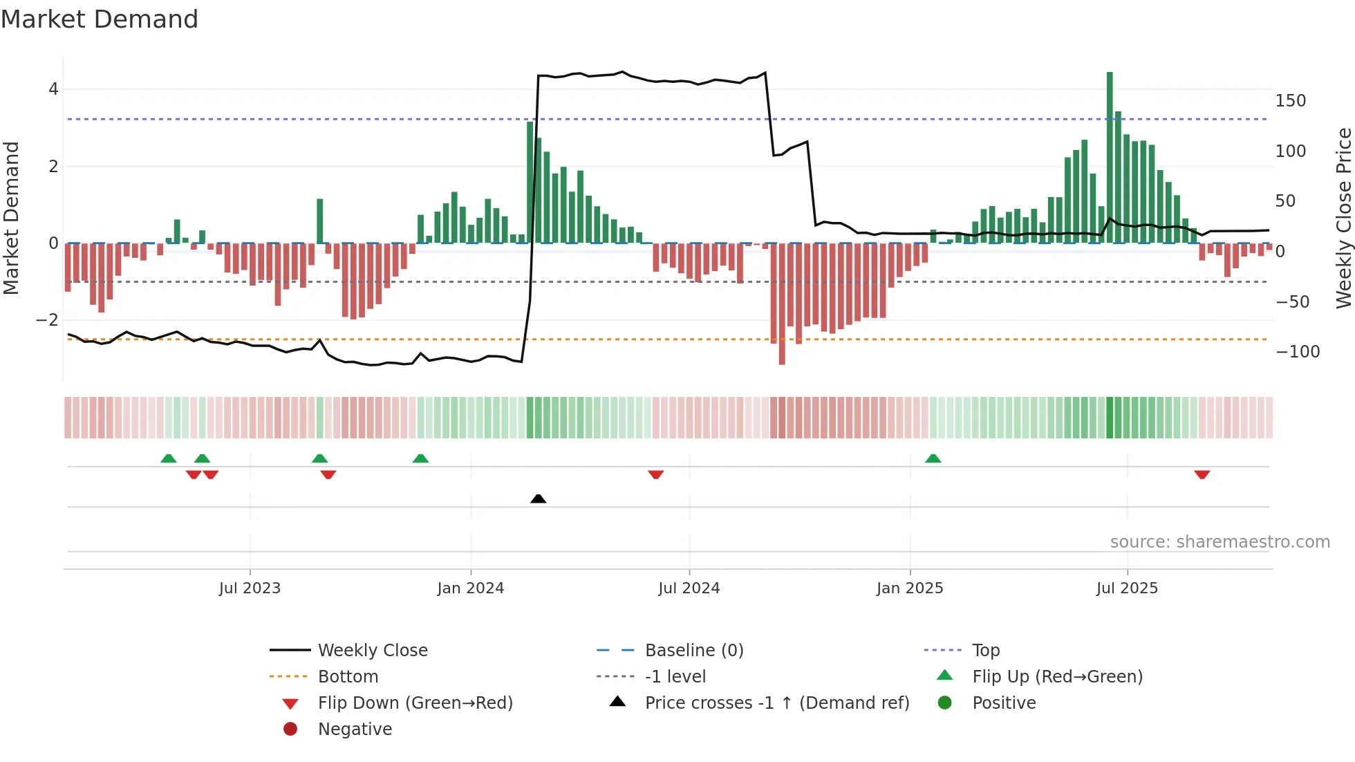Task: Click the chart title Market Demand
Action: (100, 19)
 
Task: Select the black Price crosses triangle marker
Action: (538, 499)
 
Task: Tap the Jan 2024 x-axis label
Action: (470, 588)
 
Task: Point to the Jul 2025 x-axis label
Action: (1126, 588)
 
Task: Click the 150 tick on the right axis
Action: (1290, 101)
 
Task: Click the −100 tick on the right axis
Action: (1297, 352)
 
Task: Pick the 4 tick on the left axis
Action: (53, 89)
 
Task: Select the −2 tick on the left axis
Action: (48, 320)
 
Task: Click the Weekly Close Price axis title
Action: (1343, 218)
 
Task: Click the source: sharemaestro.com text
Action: (1219, 541)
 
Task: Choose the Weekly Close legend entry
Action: (372, 650)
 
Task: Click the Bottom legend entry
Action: (348, 676)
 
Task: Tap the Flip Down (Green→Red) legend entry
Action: (415, 703)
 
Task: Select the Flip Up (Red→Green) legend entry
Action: (1057, 676)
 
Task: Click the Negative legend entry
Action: (355, 729)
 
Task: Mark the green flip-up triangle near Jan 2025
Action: (933, 458)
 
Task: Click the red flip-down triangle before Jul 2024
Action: (655, 474)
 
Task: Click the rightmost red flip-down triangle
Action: (1202, 474)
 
